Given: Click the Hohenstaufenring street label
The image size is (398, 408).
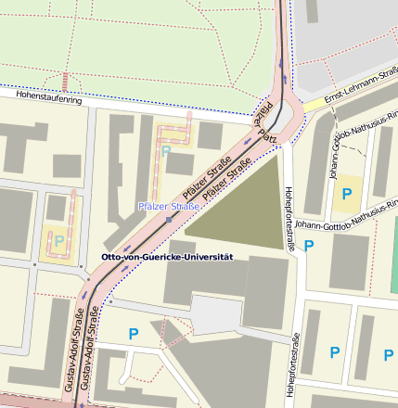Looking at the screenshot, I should click(x=43, y=102).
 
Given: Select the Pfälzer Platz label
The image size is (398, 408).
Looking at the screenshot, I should click(x=266, y=119).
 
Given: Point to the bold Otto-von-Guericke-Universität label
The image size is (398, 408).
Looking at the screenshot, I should click(x=166, y=256).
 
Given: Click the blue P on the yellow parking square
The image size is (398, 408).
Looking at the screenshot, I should click(x=347, y=193).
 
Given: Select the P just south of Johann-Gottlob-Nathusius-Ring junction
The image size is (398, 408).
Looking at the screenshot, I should click(x=310, y=246).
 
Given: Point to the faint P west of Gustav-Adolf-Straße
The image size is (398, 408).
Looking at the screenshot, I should click(x=59, y=240).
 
